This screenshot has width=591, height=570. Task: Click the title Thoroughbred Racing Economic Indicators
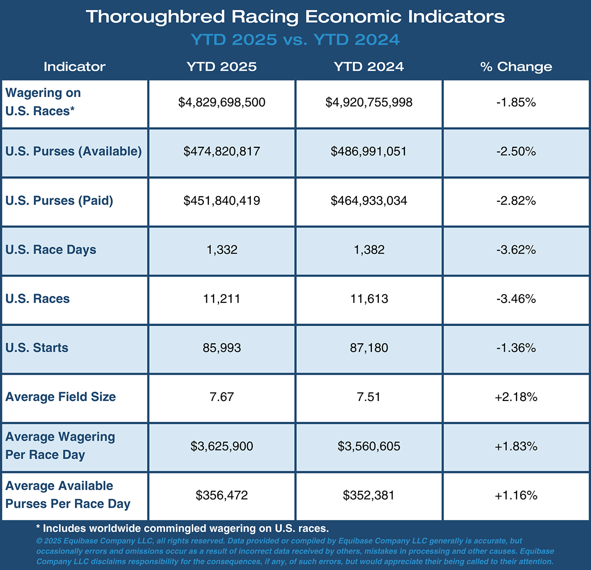click(295, 17)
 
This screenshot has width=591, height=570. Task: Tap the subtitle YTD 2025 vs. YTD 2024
click(295, 40)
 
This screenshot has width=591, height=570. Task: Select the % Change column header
click(516, 67)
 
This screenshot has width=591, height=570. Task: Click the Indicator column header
click(74, 67)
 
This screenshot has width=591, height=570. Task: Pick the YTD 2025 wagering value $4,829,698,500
click(222, 102)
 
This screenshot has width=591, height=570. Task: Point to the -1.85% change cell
click(516, 102)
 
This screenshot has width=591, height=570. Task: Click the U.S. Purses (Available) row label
click(73, 151)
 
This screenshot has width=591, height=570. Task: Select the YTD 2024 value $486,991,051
click(369, 151)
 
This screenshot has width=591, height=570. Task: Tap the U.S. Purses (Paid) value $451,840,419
click(222, 201)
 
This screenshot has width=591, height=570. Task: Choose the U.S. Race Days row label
click(51, 250)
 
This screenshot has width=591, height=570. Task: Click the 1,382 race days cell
click(369, 250)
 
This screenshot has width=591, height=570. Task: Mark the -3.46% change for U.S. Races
click(516, 299)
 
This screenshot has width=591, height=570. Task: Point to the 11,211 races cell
click(222, 299)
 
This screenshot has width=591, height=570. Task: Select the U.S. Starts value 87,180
click(369, 348)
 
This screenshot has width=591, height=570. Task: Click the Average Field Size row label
click(61, 397)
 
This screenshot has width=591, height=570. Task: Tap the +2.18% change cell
click(516, 397)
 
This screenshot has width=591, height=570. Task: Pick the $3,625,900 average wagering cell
click(222, 446)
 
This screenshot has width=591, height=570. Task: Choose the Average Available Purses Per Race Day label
click(68, 495)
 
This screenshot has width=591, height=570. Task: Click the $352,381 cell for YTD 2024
click(369, 495)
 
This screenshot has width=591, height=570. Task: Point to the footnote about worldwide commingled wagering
click(182, 529)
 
